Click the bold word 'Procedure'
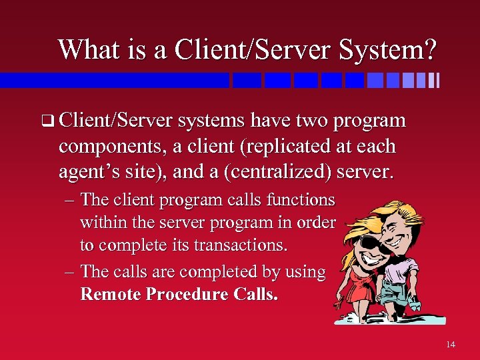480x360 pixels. point(193,294)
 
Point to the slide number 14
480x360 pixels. point(451,344)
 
